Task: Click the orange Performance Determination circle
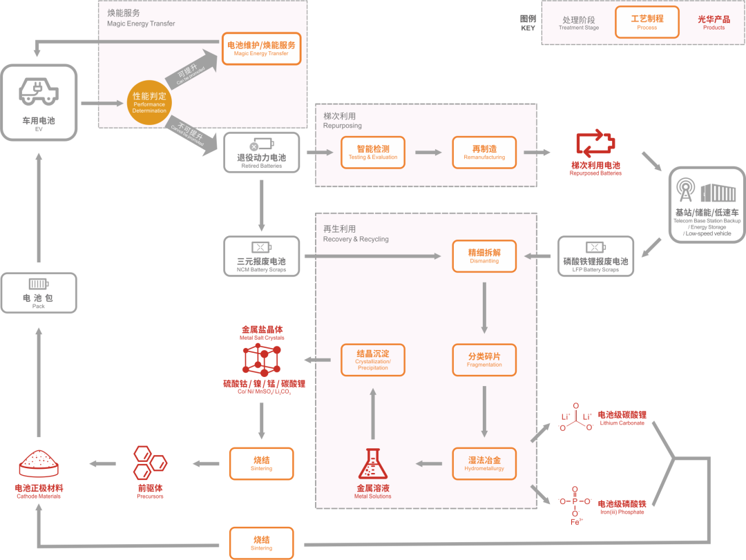click(x=149, y=102)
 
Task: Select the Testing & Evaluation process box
click(x=373, y=152)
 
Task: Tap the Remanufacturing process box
click(x=484, y=152)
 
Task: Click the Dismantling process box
click(x=484, y=256)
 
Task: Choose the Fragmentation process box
click(x=484, y=360)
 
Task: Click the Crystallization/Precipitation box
click(x=373, y=360)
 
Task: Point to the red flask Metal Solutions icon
click(x=373, y=464)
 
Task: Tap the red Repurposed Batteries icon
click(x=595, y=144)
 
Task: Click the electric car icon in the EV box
click(x=38, y=91)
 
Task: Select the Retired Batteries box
click(x=262, y=152)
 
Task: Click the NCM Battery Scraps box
click(x=262, y=256)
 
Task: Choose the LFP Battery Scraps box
click(x=595, y=256)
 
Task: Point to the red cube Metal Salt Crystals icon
click(x=262, y=359)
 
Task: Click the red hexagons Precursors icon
click(x=150, y=463)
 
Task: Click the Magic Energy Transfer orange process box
click(x=262, y=48)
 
